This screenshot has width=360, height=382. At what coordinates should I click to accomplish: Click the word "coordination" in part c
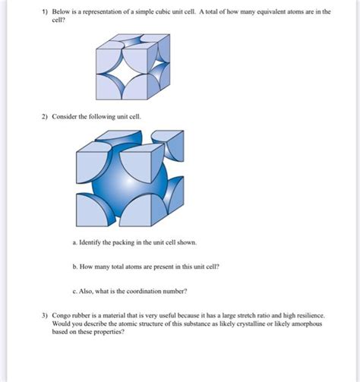pos(160,291)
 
